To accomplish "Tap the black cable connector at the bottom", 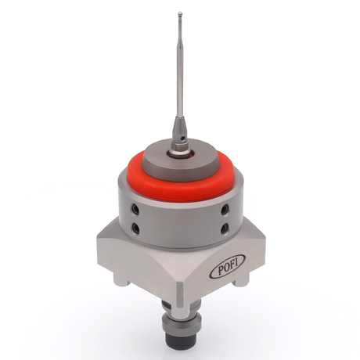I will (182, 345).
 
